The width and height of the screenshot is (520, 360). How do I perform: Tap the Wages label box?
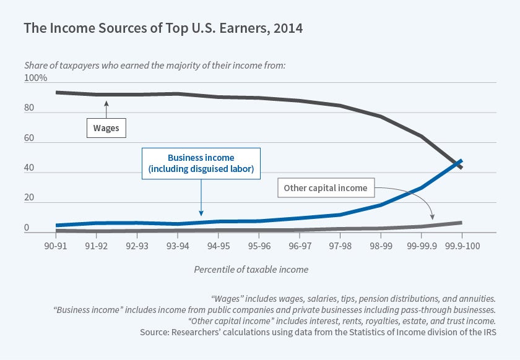pyautogui.click(x=105, y=129)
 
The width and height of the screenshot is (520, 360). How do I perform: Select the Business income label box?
pyautogui.click(x=201, y=163)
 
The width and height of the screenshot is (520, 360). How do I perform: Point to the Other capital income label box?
pyautogui.click(x=326, y=188)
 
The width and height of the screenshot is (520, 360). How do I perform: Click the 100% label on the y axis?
pyautogui.click(x=35, y=79)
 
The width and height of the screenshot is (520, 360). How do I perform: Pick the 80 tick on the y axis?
pyautogui.click(x=29, y=109)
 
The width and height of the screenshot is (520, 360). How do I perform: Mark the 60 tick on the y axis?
pyautogui.click(x=29, y=139)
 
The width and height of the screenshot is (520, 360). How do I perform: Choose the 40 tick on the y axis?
pyautogui.click(x=29, y=169)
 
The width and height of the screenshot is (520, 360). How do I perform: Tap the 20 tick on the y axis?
pyautogui.click(x=29, y=199)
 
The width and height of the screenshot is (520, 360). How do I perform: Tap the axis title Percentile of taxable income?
pyautogui.click(x=251, y=270)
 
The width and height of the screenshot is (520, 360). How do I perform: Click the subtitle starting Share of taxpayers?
pyautogui.click(x=154, y=65)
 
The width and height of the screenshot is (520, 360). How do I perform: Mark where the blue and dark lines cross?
pyautogui.click(x=459, y=163)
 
